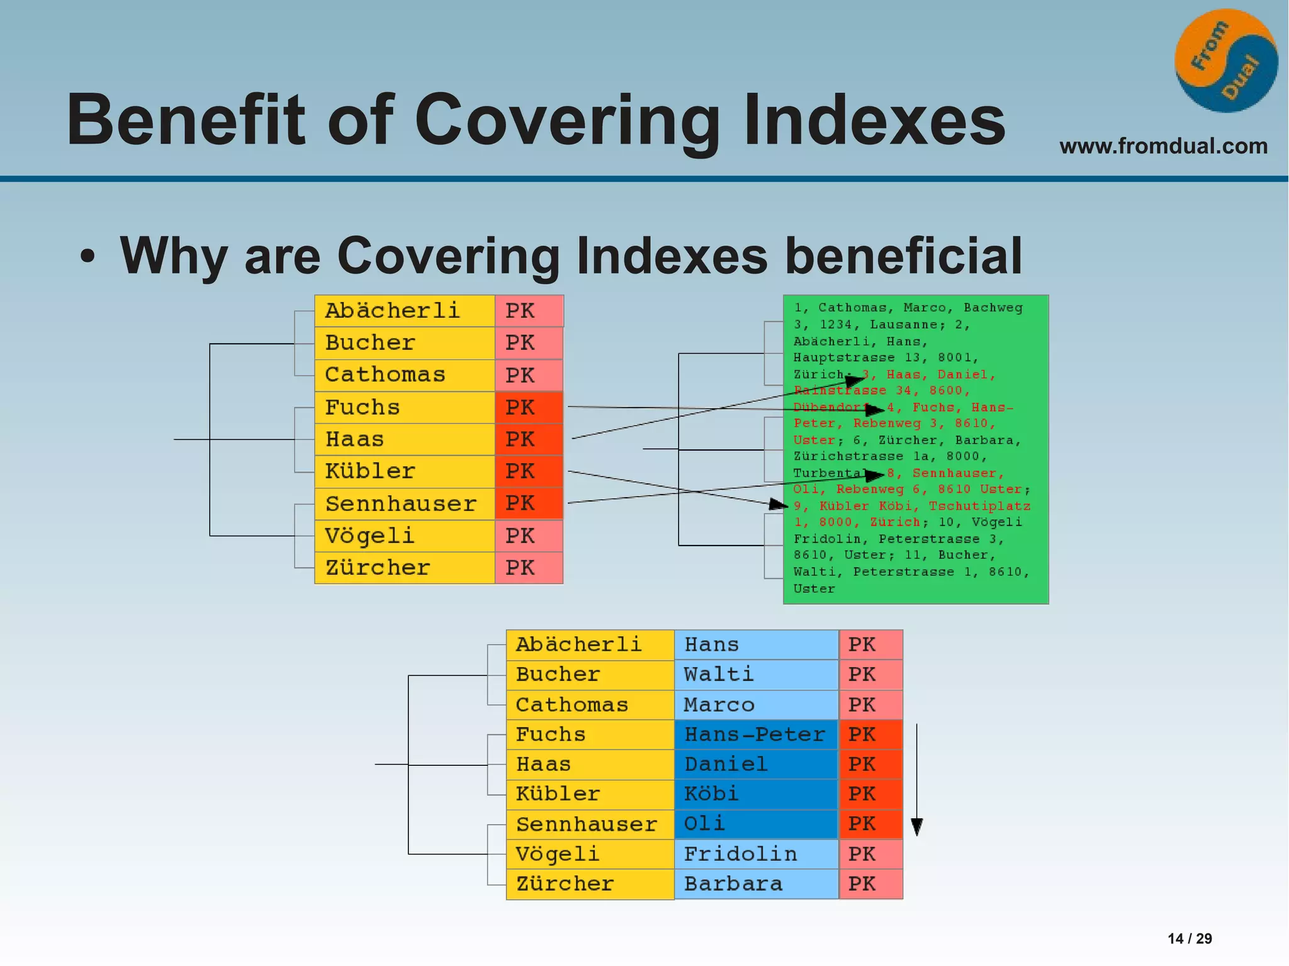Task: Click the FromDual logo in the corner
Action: coord(1226,61)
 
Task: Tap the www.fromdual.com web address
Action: coord(1163,146)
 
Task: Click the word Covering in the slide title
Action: coord(566,120)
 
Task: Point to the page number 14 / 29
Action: coord(1190,938)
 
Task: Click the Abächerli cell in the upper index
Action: coord(404,311)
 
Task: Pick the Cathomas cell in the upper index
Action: coord(404,375)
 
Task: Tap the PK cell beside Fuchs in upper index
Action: coord(529,407)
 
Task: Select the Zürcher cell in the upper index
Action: coord(404,568)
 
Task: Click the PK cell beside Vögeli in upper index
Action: coord(529,536)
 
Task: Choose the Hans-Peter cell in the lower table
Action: coord(755,734)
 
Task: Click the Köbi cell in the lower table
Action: coord(755,794)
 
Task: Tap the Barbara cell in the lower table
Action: coord(755,884)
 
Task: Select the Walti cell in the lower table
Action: coord(755,675)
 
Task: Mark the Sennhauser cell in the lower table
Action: coord(589,824)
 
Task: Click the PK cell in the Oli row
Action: coord(870,824)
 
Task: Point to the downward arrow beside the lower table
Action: coord(917,780)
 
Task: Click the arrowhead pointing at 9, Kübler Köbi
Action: coord(779,504)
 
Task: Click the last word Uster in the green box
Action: coord(813,589)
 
